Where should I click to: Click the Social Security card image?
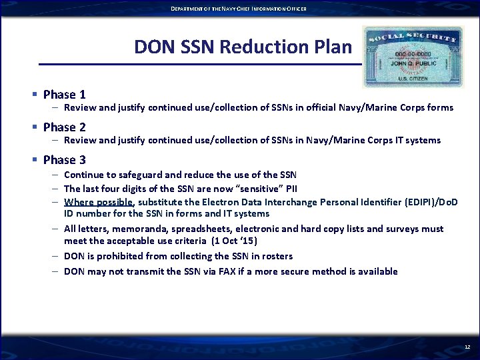[x=411, y=57]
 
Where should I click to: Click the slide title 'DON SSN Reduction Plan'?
[x=242, y=47]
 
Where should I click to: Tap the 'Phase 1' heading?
[x=64, y=95]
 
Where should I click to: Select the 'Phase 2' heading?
[x=64, y=127]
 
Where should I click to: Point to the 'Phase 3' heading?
[x=64, y=160]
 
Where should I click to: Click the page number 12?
[x=467, y=347]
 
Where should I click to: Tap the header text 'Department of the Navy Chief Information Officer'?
[x=239, y=8]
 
